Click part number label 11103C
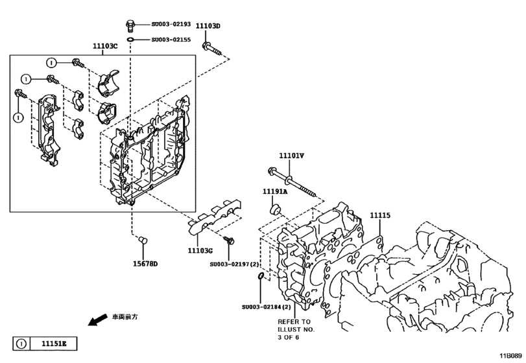click(104, 46)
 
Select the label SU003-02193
click(171, 25)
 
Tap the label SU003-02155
click(171, 40)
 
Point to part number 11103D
click(209, 27)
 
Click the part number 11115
click(380, 215)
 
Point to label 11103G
click(200, 250)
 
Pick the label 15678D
click(145, 264)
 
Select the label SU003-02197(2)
click(234, 264)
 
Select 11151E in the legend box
click(54, 343)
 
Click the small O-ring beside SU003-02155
click(131, 40)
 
